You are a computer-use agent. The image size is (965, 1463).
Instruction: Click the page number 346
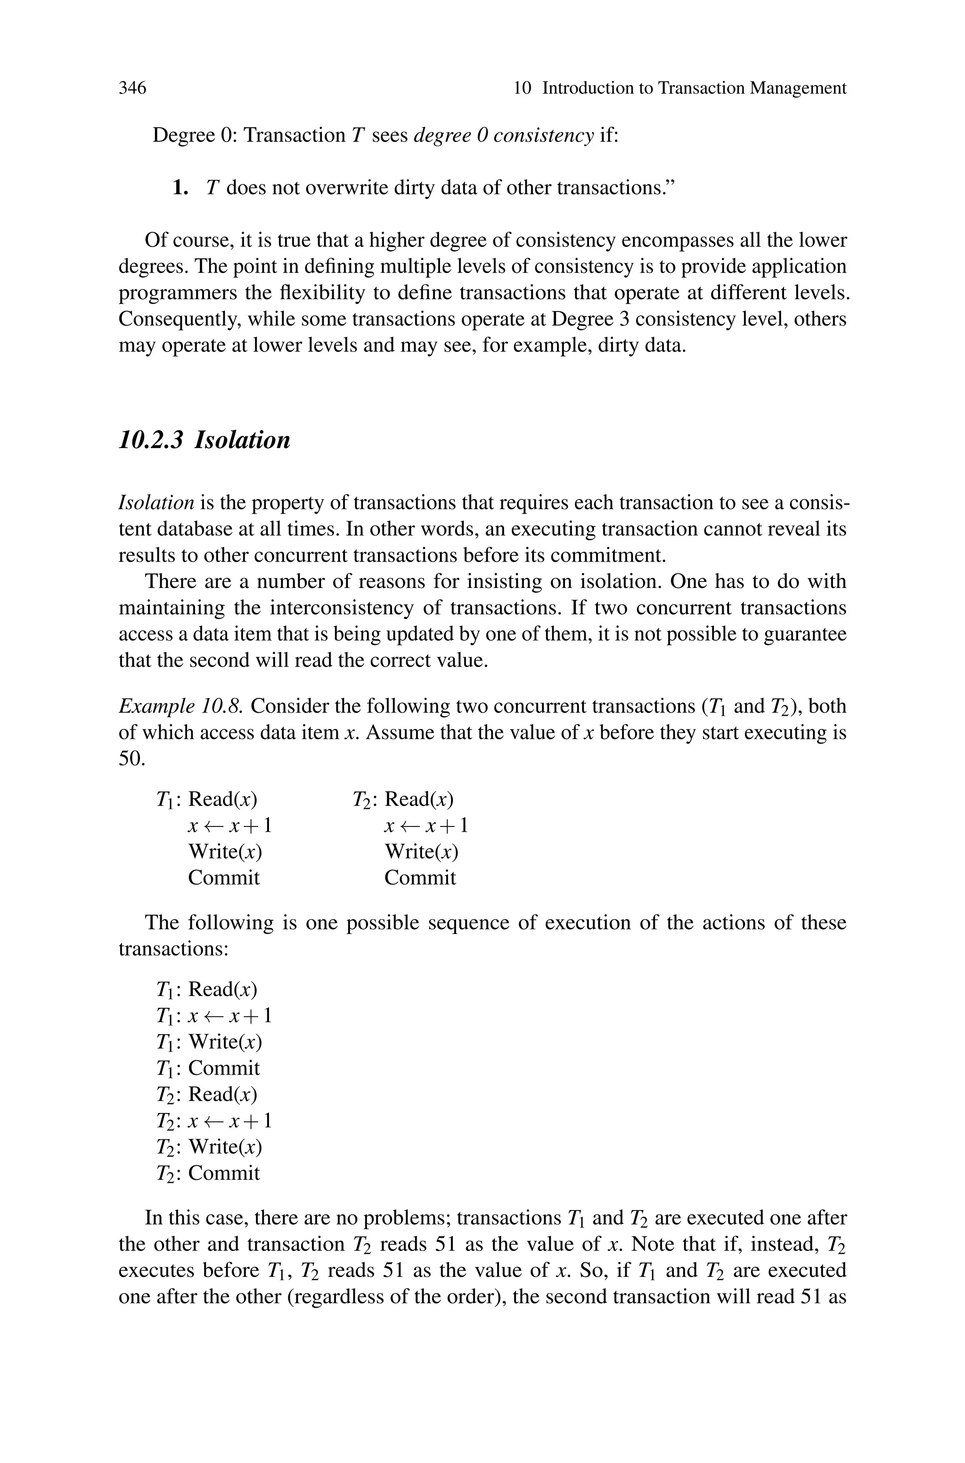tap(132, 88)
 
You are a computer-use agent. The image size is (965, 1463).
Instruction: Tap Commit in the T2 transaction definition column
tap(420, 877)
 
